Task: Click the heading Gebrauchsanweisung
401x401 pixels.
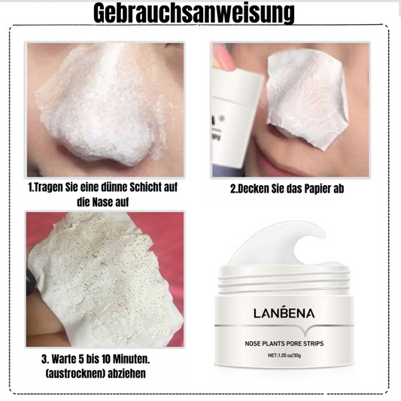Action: [x=194, y=13]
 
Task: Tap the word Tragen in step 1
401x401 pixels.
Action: [x=48, y=187]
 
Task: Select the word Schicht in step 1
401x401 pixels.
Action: [x=145, y=187]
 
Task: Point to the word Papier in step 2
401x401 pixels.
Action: [x=318, y=189]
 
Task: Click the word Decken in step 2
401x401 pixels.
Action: [x=252, y=189]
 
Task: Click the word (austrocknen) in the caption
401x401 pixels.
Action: [x=75, y=373]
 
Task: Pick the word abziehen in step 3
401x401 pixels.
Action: [x=127, y=373]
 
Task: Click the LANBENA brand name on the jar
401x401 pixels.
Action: [x=284, y=312]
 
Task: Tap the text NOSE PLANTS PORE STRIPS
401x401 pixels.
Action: [x=284, y=344]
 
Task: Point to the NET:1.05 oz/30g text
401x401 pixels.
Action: [x=284, y=355]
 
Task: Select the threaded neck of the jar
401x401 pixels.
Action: [x=284, y=281]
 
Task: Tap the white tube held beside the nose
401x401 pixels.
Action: [x=235, y=115]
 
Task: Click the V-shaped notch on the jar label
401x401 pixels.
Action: [x=305, y=332]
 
